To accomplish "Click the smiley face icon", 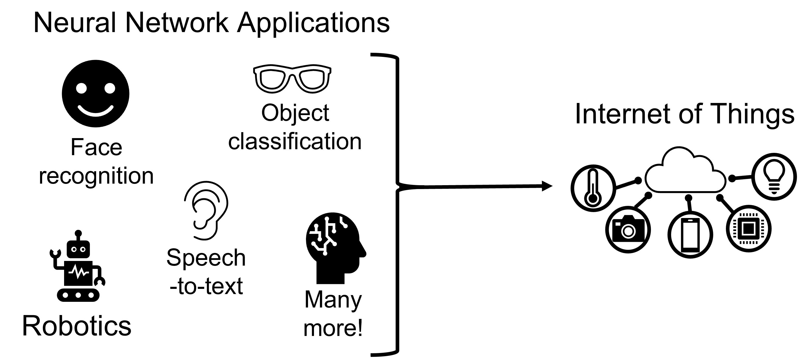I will tap(95, 94).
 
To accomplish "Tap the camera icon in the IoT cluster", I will tap(628, 229).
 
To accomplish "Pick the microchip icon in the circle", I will tap(748, 229).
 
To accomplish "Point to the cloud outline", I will tap(685, 172).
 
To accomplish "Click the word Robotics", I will tap(77, 326).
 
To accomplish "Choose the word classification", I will tap(295, 141).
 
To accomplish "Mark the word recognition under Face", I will tap(96, 176).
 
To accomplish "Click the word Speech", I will tap(206, 258).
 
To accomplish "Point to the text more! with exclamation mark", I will tap(333, 328).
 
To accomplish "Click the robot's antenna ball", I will tap(78, 233).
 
